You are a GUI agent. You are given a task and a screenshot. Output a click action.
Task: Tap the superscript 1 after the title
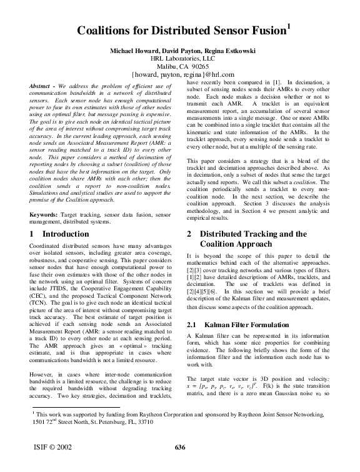coord(289,25)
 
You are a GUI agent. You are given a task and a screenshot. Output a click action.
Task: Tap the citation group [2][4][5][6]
coord(209,292)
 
